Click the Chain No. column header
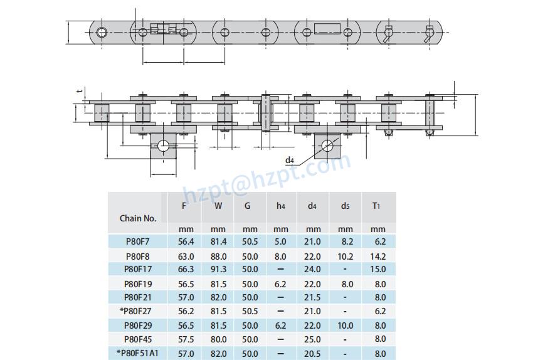tap(137, 218)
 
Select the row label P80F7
tap(137, 241)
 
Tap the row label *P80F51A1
tap(137, 353)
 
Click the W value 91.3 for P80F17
tap(218, 270)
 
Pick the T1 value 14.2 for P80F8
tap(378, 256)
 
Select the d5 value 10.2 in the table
tap(346, 256)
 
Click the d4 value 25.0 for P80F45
tap(314, 339)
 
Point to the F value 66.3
tap(186, 270)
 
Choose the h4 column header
tap(281, 205)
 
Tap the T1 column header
tap(376, 205)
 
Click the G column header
tap(247, 205)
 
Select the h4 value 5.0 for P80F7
tap(281, 241)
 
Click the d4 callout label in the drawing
tap(290, 160)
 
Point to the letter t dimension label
tap(78, 92)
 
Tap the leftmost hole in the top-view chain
tap(102, 32)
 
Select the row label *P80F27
tap(137, 312)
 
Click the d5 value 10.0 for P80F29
tap(346, 326)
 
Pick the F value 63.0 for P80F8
tap(186, 256)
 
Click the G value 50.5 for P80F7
tap(250, 241)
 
